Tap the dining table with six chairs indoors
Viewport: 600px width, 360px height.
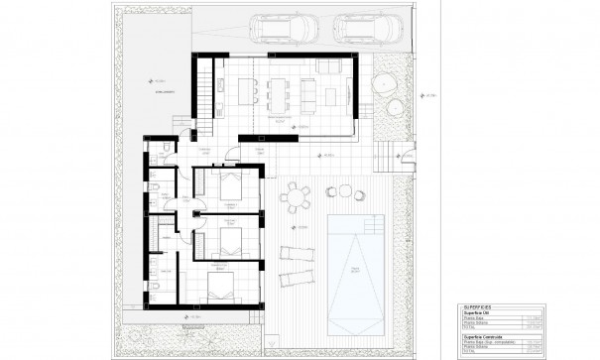tap(275, 92)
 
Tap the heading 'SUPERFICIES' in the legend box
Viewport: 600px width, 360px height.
tap(478, 308)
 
